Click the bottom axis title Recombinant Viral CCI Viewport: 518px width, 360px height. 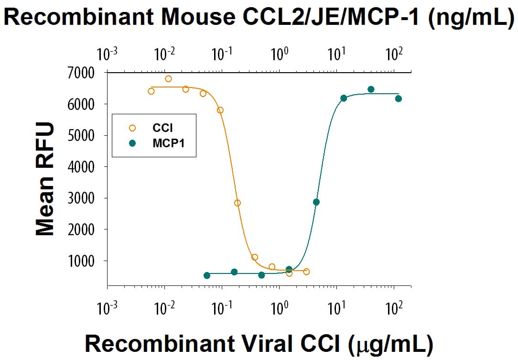point(259,343)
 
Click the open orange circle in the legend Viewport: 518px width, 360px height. point(132,128)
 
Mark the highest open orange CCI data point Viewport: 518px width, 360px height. point(168,79)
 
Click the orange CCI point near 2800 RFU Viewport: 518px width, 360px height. point(237,203)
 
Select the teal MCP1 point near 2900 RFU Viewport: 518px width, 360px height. point(316,202)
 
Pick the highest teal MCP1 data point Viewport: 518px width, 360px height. point(371,89)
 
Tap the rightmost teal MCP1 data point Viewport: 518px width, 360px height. point(399,98)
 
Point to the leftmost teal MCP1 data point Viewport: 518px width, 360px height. point(207,275)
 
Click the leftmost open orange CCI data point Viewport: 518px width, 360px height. point(151,91)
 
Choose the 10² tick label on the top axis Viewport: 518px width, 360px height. point(394,55)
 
